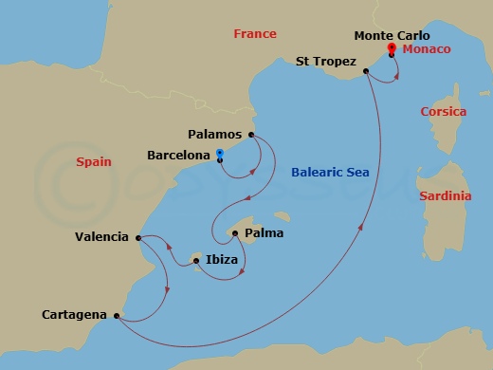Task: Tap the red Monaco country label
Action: tap(426, 48)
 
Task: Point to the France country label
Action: tap(255, 34)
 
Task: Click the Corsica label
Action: tap(444, 111)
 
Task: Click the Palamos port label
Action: tap(216, 135)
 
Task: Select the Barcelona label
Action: tap(178, 154)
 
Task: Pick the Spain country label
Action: tap(94, 162)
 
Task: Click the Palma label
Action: tap(265, 232)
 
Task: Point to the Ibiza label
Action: tap(221, 258)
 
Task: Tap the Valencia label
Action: tap(101, 237)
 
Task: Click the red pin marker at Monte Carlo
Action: tap(392, 48)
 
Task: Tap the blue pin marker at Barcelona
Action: tap(220, 154)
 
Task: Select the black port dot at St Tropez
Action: tap(365, 69)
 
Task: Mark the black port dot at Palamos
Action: tap(251, 135)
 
